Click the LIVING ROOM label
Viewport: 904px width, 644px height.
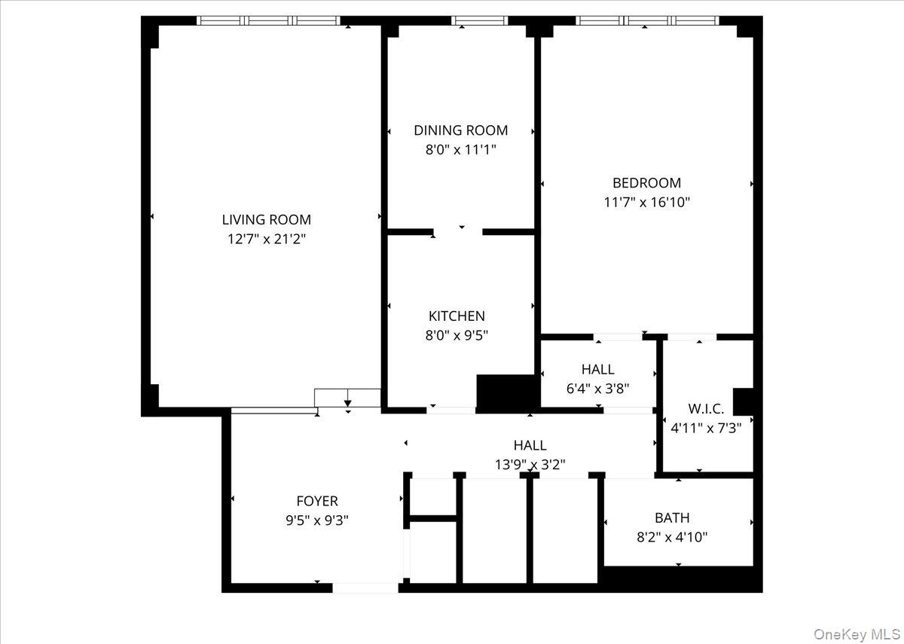coord(266,220)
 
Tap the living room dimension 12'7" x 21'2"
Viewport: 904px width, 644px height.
coord(266,240)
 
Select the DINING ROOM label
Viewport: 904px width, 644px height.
coord(461,130)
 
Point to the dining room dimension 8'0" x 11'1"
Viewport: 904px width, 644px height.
coord(461,149)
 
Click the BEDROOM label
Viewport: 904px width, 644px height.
coord(646,183)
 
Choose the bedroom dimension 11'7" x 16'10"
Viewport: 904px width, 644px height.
coord(646,202)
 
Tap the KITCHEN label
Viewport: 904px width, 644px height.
coord(457,316)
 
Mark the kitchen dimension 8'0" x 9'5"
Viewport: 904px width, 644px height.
coord(457,335)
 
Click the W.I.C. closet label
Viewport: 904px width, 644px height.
coord(706,409)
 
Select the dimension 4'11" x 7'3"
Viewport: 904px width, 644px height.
coord(706,428)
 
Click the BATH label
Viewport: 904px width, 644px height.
coord(672,518)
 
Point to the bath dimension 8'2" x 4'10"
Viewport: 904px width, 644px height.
coord(672,537)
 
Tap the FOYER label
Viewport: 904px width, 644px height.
coord(316,501)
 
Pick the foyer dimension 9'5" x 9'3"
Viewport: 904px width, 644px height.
coord(316,520)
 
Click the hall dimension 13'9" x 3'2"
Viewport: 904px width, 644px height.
coord(530,465)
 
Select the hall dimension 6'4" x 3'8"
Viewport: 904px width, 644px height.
coord(597,389)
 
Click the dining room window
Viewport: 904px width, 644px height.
coord(479,20)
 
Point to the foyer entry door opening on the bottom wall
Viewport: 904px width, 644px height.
coord(365,588)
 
